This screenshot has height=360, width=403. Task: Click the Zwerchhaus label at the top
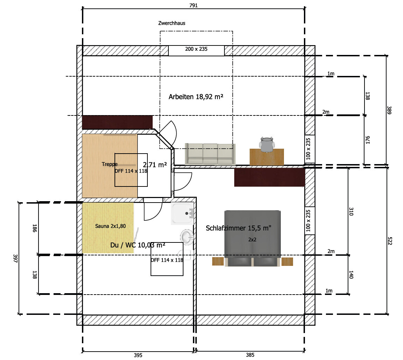(171, 23)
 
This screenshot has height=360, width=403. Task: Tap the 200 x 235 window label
(196, 49)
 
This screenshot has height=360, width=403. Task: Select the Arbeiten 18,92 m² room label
(196, 97)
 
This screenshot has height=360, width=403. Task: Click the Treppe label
(110, 164)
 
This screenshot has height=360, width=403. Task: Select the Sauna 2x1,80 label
(110, 226)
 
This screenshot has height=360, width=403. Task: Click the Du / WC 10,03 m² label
(138, 245)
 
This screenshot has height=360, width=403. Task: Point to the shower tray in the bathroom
(182, 213)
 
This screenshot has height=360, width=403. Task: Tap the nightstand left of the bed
(217, 262)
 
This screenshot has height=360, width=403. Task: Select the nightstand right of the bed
(287, 262)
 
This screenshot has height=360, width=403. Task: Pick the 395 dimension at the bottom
(138, 355)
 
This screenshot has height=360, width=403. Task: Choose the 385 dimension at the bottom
(250, 355)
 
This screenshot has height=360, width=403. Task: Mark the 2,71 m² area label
(155, 164)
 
